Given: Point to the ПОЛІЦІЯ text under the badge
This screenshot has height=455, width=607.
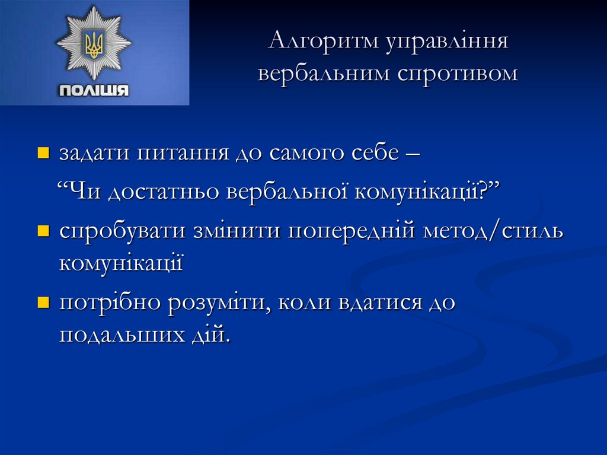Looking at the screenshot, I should pyautogui.click(x=94, y=91).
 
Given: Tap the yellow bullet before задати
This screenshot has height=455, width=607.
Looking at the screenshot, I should pyautogui.click(x=43, y=155).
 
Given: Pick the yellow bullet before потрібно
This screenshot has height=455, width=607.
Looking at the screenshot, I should pyautogui.click(x=43, y=303).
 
